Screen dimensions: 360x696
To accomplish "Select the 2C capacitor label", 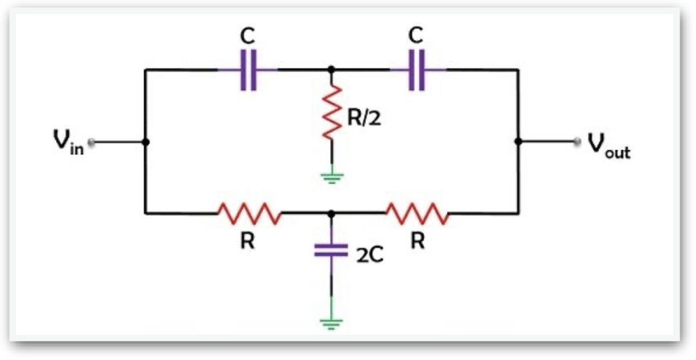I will [369, 255].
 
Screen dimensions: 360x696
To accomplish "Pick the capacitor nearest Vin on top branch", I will [247, 69].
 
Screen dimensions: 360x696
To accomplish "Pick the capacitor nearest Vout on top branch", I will [417, 69].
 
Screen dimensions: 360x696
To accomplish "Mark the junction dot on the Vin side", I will [146, 142].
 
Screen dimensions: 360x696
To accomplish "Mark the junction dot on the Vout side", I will [518, 142].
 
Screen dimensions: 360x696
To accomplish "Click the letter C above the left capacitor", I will [247, 35].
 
